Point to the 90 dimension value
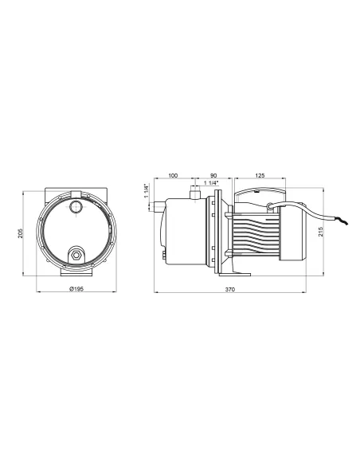click(213, 174)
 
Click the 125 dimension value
click(260, 174)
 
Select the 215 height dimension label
click(322, 232)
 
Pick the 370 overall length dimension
click(238, 290)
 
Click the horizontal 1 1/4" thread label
click(212, 184)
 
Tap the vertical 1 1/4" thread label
click(147, 192)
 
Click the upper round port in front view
click(76, 208)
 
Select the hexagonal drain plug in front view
click(76, 255)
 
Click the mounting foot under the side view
click(240, 273)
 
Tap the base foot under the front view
click(76, 274)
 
